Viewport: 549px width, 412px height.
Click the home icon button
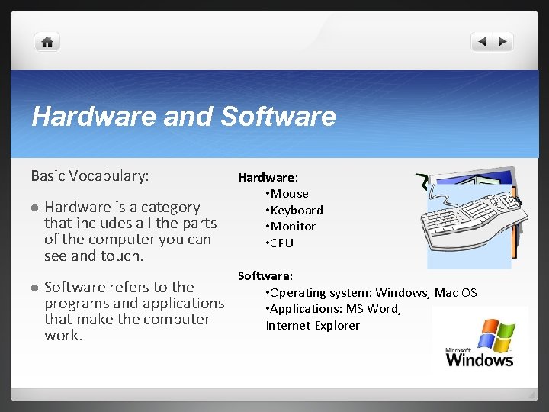tap(47, 42)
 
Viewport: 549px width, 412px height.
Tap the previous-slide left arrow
tap(483, 42)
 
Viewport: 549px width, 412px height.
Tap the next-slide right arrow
tap(503, 42)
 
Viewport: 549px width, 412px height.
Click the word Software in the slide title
tap(278, 117)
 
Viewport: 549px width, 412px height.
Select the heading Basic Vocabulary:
tap(90, 176)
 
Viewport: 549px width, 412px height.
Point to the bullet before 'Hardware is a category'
tap(34, 208)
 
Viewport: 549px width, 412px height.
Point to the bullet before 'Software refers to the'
tap(34, 288)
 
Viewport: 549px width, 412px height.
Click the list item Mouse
tap(289, 194)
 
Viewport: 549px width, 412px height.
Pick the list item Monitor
tap(293, 227)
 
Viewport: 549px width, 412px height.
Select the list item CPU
tap(281, 243)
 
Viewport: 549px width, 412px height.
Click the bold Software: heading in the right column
tap(265, 275)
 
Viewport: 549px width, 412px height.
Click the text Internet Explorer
tap(313, 326)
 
